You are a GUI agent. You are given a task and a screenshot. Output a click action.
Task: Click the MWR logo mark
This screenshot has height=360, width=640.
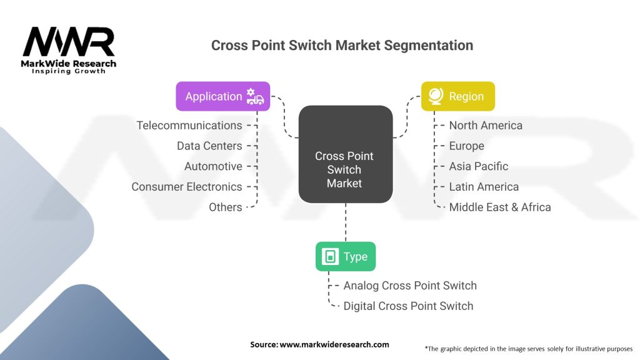(x=69, y=41)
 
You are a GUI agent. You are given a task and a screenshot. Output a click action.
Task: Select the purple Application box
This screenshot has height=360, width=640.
(x=223, y=96)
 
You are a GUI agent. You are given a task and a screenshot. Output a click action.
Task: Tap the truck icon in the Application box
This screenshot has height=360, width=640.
(x=255, y=97)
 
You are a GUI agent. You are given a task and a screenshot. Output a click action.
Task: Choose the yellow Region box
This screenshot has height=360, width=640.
(x=458, y=96)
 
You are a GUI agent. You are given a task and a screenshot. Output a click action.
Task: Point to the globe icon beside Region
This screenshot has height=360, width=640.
(x=436, y=96)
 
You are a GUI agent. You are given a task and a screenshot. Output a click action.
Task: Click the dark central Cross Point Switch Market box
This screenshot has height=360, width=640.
(x=346, y=154)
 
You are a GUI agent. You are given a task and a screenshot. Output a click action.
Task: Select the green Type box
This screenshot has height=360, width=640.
(x=346, y=256)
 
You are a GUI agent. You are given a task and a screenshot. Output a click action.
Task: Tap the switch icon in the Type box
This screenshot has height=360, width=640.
(x=330, y=256)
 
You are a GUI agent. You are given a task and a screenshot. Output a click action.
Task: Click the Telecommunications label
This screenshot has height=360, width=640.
(x=189, y=125)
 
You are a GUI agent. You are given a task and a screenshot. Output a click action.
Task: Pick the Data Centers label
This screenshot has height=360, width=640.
(x=209, y=146)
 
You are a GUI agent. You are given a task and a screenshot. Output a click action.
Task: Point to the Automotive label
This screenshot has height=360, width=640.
(x=213, y=166)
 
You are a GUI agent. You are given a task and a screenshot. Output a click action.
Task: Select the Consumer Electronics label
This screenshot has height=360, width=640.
(x=187, y=186)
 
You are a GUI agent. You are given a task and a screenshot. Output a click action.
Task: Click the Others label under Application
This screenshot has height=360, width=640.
(x=225, y=207)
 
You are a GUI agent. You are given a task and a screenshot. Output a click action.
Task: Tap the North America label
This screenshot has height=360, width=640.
(x=486, y=125)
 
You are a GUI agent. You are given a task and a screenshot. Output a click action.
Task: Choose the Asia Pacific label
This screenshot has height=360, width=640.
(x=479, y=166)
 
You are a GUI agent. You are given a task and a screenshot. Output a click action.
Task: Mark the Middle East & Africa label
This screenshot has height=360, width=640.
(x=500, y=207)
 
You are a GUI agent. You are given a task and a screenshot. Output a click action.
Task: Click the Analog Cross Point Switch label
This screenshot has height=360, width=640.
(x=410, y=285)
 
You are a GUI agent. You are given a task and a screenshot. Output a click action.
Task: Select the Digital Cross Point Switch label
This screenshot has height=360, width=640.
(x=409, y=306)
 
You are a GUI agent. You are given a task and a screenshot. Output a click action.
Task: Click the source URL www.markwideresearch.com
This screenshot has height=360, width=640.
(x=334, y=344)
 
